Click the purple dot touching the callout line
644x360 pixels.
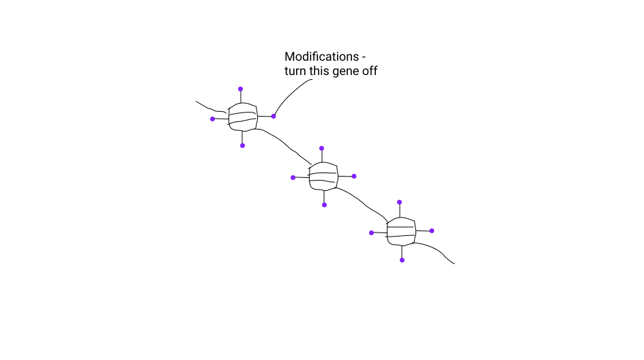(274, 117)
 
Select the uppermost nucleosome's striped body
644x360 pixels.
(243, 117)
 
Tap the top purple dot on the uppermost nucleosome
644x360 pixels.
(240, 89)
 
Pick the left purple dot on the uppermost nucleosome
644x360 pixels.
(212, 119)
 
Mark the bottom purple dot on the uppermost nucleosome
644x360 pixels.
(242, 145)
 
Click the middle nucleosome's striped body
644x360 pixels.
(323, 176)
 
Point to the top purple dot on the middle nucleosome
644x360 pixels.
(321, 148)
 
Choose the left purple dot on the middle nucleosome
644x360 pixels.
(293, 177)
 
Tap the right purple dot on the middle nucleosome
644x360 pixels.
(355, 176)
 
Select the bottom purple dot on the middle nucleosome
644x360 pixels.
(325, 205)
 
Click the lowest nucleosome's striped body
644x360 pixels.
(401, 231)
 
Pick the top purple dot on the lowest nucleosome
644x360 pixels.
(400, 202)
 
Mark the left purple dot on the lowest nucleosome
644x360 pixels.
(371, 232)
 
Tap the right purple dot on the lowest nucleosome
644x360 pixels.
(432, 230)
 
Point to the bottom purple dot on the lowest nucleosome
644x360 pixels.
(402, 260)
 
